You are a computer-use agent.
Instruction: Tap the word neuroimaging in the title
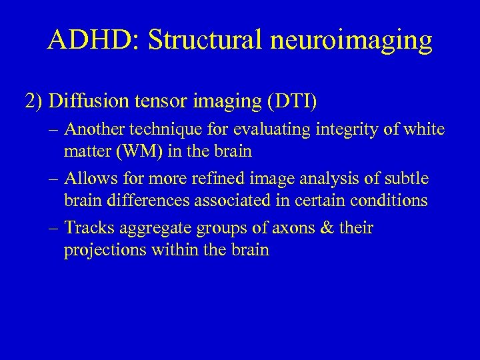click(357, 41)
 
